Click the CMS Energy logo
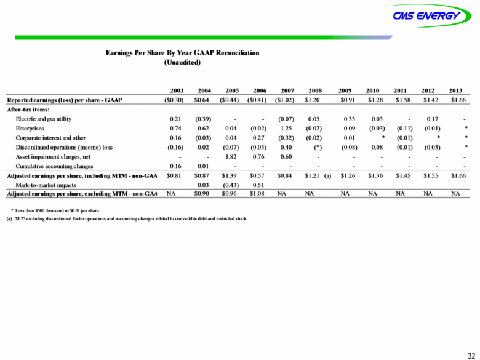(x=428, y=15)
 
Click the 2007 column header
(x=287, y=90)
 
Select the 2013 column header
(x=455, y=90)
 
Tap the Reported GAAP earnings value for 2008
(x=312, y=100)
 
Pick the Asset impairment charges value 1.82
(x=231, y=157)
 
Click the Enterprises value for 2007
(x=286, y=128)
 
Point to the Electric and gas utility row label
(x=44, y=119)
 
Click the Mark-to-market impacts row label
(x=46, y=185)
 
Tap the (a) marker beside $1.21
(x=327, y=176)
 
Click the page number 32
(x=471, y=355)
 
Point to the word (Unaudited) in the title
(x=182, y=62)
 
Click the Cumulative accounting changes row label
(x=54, y=166)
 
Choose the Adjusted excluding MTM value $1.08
(x=257, y=194)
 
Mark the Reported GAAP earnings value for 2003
(x=174, y=100)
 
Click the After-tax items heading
(x=28, y=110)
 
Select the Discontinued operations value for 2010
(x=377, y=147)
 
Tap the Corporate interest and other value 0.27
(x=258, y=138)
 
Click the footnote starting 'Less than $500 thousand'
(x=55, y=210)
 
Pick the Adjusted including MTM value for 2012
(x=431, y=176)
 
